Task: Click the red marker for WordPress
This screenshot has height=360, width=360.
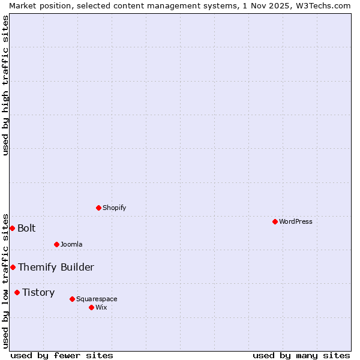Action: [x=275, y=221]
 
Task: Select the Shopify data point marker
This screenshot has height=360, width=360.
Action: [x=98, y=208]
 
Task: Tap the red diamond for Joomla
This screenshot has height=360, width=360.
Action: [x=56, y=244]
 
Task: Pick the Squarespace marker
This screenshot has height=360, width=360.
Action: [x=72, y=299]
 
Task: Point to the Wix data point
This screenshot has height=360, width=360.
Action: [x=91, y=307]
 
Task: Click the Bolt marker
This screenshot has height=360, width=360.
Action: [x=12, y=228]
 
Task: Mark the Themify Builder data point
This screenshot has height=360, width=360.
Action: [x=13, y=267]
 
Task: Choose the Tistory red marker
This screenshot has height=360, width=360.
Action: [x=17, y=292]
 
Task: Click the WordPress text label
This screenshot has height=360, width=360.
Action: [x=296, y=221]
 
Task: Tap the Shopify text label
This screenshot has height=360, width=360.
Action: [x=115, y=208]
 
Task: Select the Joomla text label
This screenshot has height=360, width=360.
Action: [x=71, y=244]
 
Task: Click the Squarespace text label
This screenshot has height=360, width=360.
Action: [x=97, y=299]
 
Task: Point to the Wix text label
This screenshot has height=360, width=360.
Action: [x=101, y=307]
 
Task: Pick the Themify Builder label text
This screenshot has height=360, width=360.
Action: [x=56, y=267]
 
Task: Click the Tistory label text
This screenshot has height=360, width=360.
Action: [x=38, y=292]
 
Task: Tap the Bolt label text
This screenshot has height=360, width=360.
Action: [x=26, y=228]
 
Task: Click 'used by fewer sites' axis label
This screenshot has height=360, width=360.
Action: [x=62, y=355]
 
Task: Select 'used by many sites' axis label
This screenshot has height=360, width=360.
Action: [x=301, y=355]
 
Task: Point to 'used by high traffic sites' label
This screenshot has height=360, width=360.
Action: [x=5, y=85]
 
